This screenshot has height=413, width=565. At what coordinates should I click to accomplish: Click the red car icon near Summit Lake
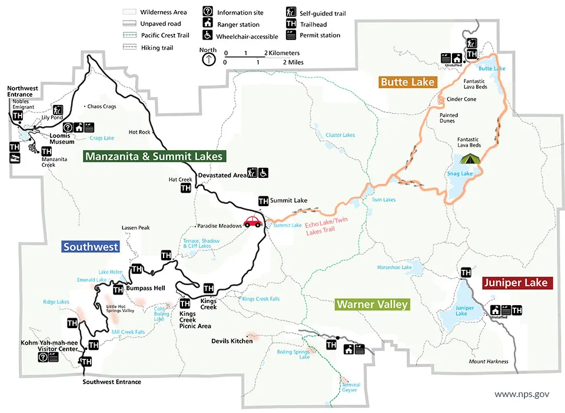[253, 222]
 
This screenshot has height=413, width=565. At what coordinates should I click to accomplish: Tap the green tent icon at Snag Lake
[469, 158]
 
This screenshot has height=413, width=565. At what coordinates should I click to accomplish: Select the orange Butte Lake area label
[407, 82]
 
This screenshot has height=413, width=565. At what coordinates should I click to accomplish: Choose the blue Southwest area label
[91, 247]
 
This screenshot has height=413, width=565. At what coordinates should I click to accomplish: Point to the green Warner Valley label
[372, 305]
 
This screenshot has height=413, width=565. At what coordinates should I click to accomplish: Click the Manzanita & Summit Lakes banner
[154, 157]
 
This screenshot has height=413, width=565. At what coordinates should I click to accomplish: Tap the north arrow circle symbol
[208, 59]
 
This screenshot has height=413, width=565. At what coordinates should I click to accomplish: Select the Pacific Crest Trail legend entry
[157, 35]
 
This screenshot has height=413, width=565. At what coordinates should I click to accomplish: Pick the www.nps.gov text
[521, 394]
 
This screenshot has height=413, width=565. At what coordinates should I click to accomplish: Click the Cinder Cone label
[461, 100]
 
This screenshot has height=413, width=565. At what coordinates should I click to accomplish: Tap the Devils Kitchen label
[232, 341]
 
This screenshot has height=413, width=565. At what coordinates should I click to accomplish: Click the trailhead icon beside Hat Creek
[185, 189]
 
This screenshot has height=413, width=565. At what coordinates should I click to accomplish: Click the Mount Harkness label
[488, 362]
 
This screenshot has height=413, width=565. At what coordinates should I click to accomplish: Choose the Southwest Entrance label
[112, 382]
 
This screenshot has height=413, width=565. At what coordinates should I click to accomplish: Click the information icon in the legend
[208, 12]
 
